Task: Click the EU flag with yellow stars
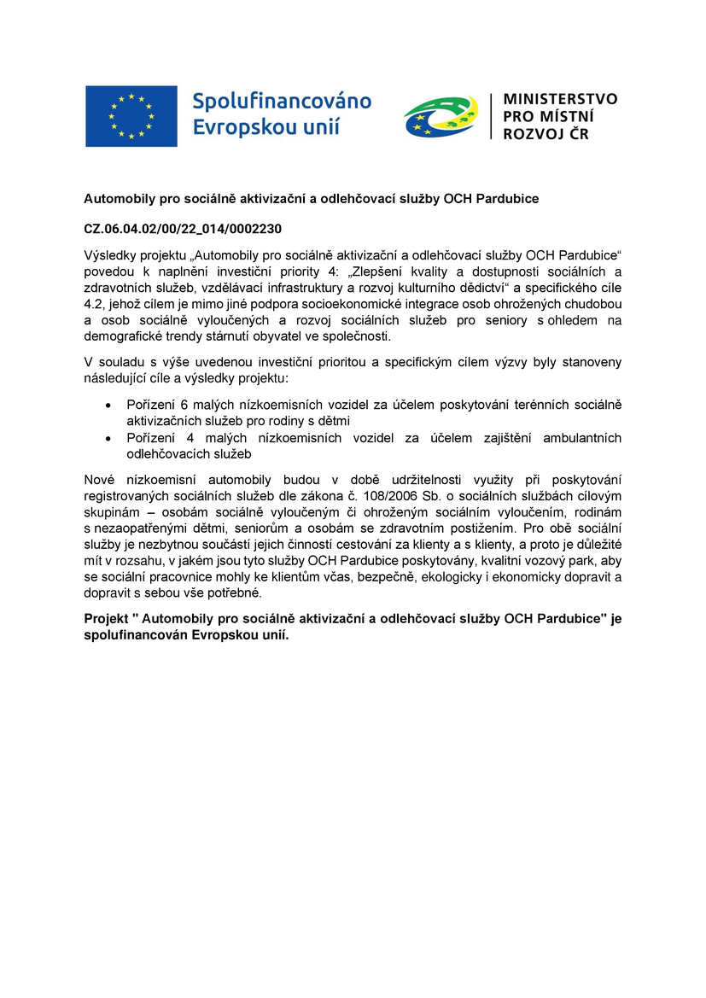pos(131,116)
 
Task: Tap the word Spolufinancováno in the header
pos(282,102)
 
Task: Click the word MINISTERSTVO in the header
pos(560,99)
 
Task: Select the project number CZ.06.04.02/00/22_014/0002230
pos(182,230)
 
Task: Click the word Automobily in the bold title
pos(117,199)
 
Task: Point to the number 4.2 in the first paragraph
pos(93,305)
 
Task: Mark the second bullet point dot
pos(107,438)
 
